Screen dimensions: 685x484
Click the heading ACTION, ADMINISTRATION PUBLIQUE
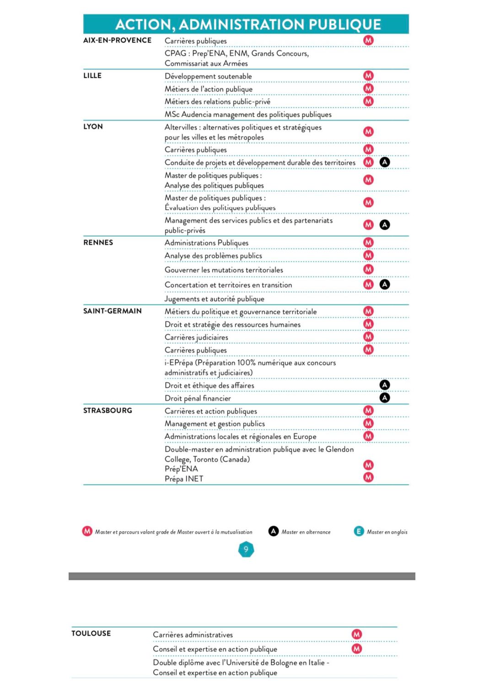click(248, 24)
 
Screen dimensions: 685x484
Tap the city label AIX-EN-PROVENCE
click(117, 40)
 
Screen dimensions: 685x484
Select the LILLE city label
click(92, 76)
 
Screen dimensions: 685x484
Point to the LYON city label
click(93, 126)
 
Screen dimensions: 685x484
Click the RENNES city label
click(98, 243)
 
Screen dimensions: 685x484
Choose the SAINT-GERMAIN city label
click(113, 311)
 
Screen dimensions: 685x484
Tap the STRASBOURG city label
click(108, 410)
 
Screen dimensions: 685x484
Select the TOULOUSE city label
click(91, 633)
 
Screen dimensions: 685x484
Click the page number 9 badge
click(246, 550)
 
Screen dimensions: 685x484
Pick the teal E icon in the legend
click(359, 531)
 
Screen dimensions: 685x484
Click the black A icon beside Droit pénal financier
click(385, 398)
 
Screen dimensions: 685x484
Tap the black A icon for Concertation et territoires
click(385, 285)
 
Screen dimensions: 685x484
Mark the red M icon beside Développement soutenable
click(368, 76)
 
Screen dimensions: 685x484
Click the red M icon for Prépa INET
click(368, 478)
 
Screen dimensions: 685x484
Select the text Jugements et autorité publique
click(215, 299)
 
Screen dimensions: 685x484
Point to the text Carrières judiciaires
click(196, 337)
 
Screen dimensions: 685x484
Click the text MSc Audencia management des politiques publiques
click(248, 114)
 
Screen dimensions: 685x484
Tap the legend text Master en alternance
click(306, 532)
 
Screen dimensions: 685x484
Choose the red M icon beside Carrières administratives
click(357, 634)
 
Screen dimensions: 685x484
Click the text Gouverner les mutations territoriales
click(224, 270)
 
